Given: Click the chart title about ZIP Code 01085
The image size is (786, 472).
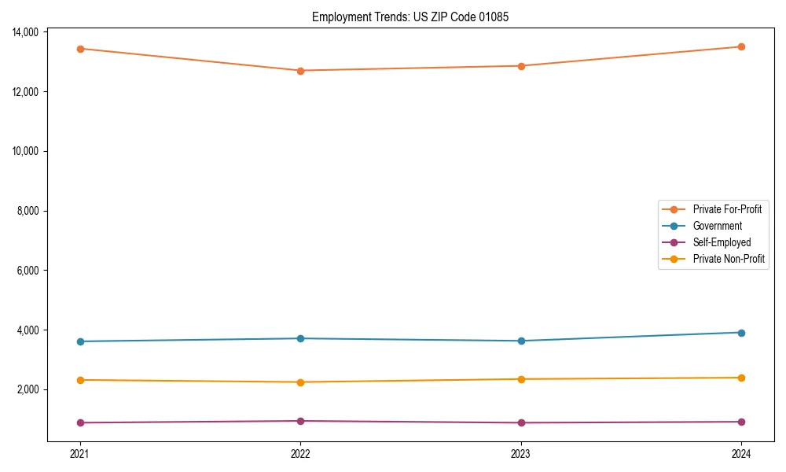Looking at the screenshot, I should pos(410,17).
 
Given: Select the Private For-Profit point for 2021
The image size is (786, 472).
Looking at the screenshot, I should pos(80,49).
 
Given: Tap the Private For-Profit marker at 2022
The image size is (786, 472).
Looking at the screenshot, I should pos(300,71).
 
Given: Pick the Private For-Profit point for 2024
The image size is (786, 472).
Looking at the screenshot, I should pos(741,46).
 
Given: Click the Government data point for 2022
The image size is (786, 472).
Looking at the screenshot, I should pos(300,338).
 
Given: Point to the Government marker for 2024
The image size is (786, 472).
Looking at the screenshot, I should pos(741,333).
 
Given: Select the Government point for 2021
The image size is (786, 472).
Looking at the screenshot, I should pos(80,341).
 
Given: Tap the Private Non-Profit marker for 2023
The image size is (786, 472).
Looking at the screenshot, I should pos(520,379).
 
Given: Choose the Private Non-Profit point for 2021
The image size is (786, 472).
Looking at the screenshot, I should pos(80,380).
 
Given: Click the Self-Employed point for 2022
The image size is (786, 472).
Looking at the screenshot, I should pos(300,421).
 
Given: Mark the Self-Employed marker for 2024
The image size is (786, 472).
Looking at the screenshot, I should pos(741,422).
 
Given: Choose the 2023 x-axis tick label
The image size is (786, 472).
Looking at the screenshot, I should pos(520,453).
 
